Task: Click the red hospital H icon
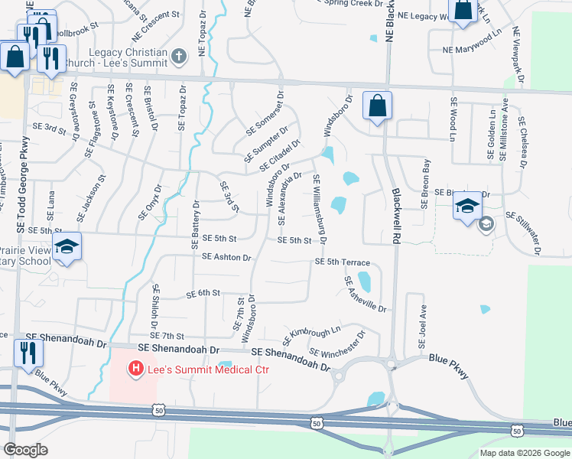click(136, 369)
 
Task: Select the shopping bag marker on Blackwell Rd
click(378, 106)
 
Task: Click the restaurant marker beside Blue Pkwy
click(28, 354)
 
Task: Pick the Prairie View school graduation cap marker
click(67, 246)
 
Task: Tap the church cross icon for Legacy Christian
click(178, 56)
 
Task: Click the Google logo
click(26, 450)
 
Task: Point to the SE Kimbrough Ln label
click(311, 334)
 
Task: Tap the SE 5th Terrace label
click(342, 262)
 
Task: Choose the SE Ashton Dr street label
click(226, 258)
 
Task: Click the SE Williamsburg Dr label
click(320, 209)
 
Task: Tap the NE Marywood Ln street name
click(474, 50)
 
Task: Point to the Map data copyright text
click(525, 452)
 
